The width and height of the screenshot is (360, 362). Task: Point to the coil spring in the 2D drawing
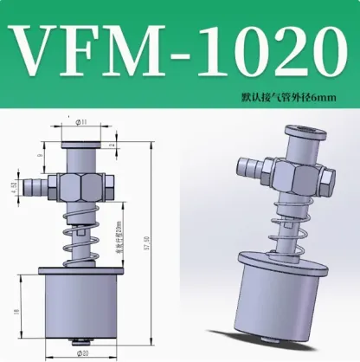click(81, 238)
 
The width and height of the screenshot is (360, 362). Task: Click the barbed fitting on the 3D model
click(252, 166)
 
